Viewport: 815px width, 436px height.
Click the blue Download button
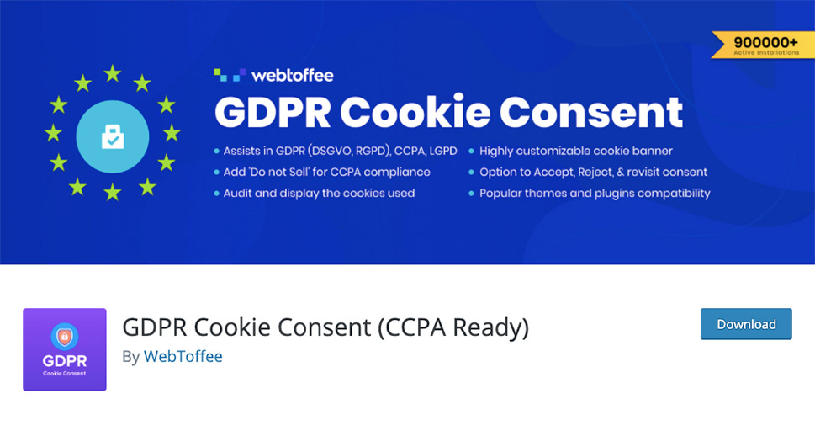pos(746,324)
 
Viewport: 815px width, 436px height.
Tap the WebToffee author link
pos(183,356)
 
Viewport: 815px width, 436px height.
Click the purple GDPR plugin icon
pos(65,349)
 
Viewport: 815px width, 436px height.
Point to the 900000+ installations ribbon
pos(763,45)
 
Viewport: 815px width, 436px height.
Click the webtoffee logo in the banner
pos(273,75)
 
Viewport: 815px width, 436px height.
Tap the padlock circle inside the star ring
pos(112,136)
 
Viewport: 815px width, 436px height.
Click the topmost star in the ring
pos(112,73)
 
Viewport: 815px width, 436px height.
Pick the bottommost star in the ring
pos(112,193)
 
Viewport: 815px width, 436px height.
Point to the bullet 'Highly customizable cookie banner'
pos(575,151)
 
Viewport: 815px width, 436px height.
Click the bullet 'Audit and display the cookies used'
pos(319,193)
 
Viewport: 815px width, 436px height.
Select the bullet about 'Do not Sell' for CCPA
pos(326,172)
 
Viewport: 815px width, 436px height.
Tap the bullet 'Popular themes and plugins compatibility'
pos(595,193)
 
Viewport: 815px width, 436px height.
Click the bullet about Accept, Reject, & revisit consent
pos(593,172)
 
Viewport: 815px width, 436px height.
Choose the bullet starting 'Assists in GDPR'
pos(340,151)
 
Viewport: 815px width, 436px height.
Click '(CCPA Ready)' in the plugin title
pos(454,327)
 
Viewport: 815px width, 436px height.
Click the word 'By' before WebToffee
pos(130,356)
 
